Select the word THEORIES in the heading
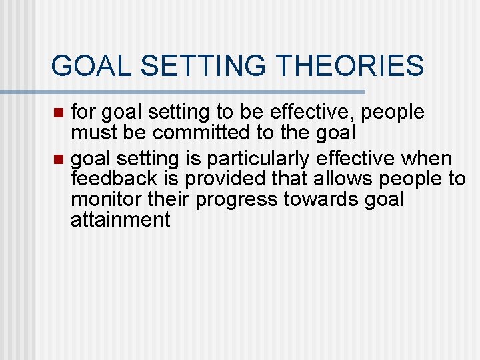point(349,66)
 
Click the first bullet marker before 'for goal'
point(59,113)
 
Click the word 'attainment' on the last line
point(121,220)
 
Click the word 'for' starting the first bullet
point(83,112)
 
